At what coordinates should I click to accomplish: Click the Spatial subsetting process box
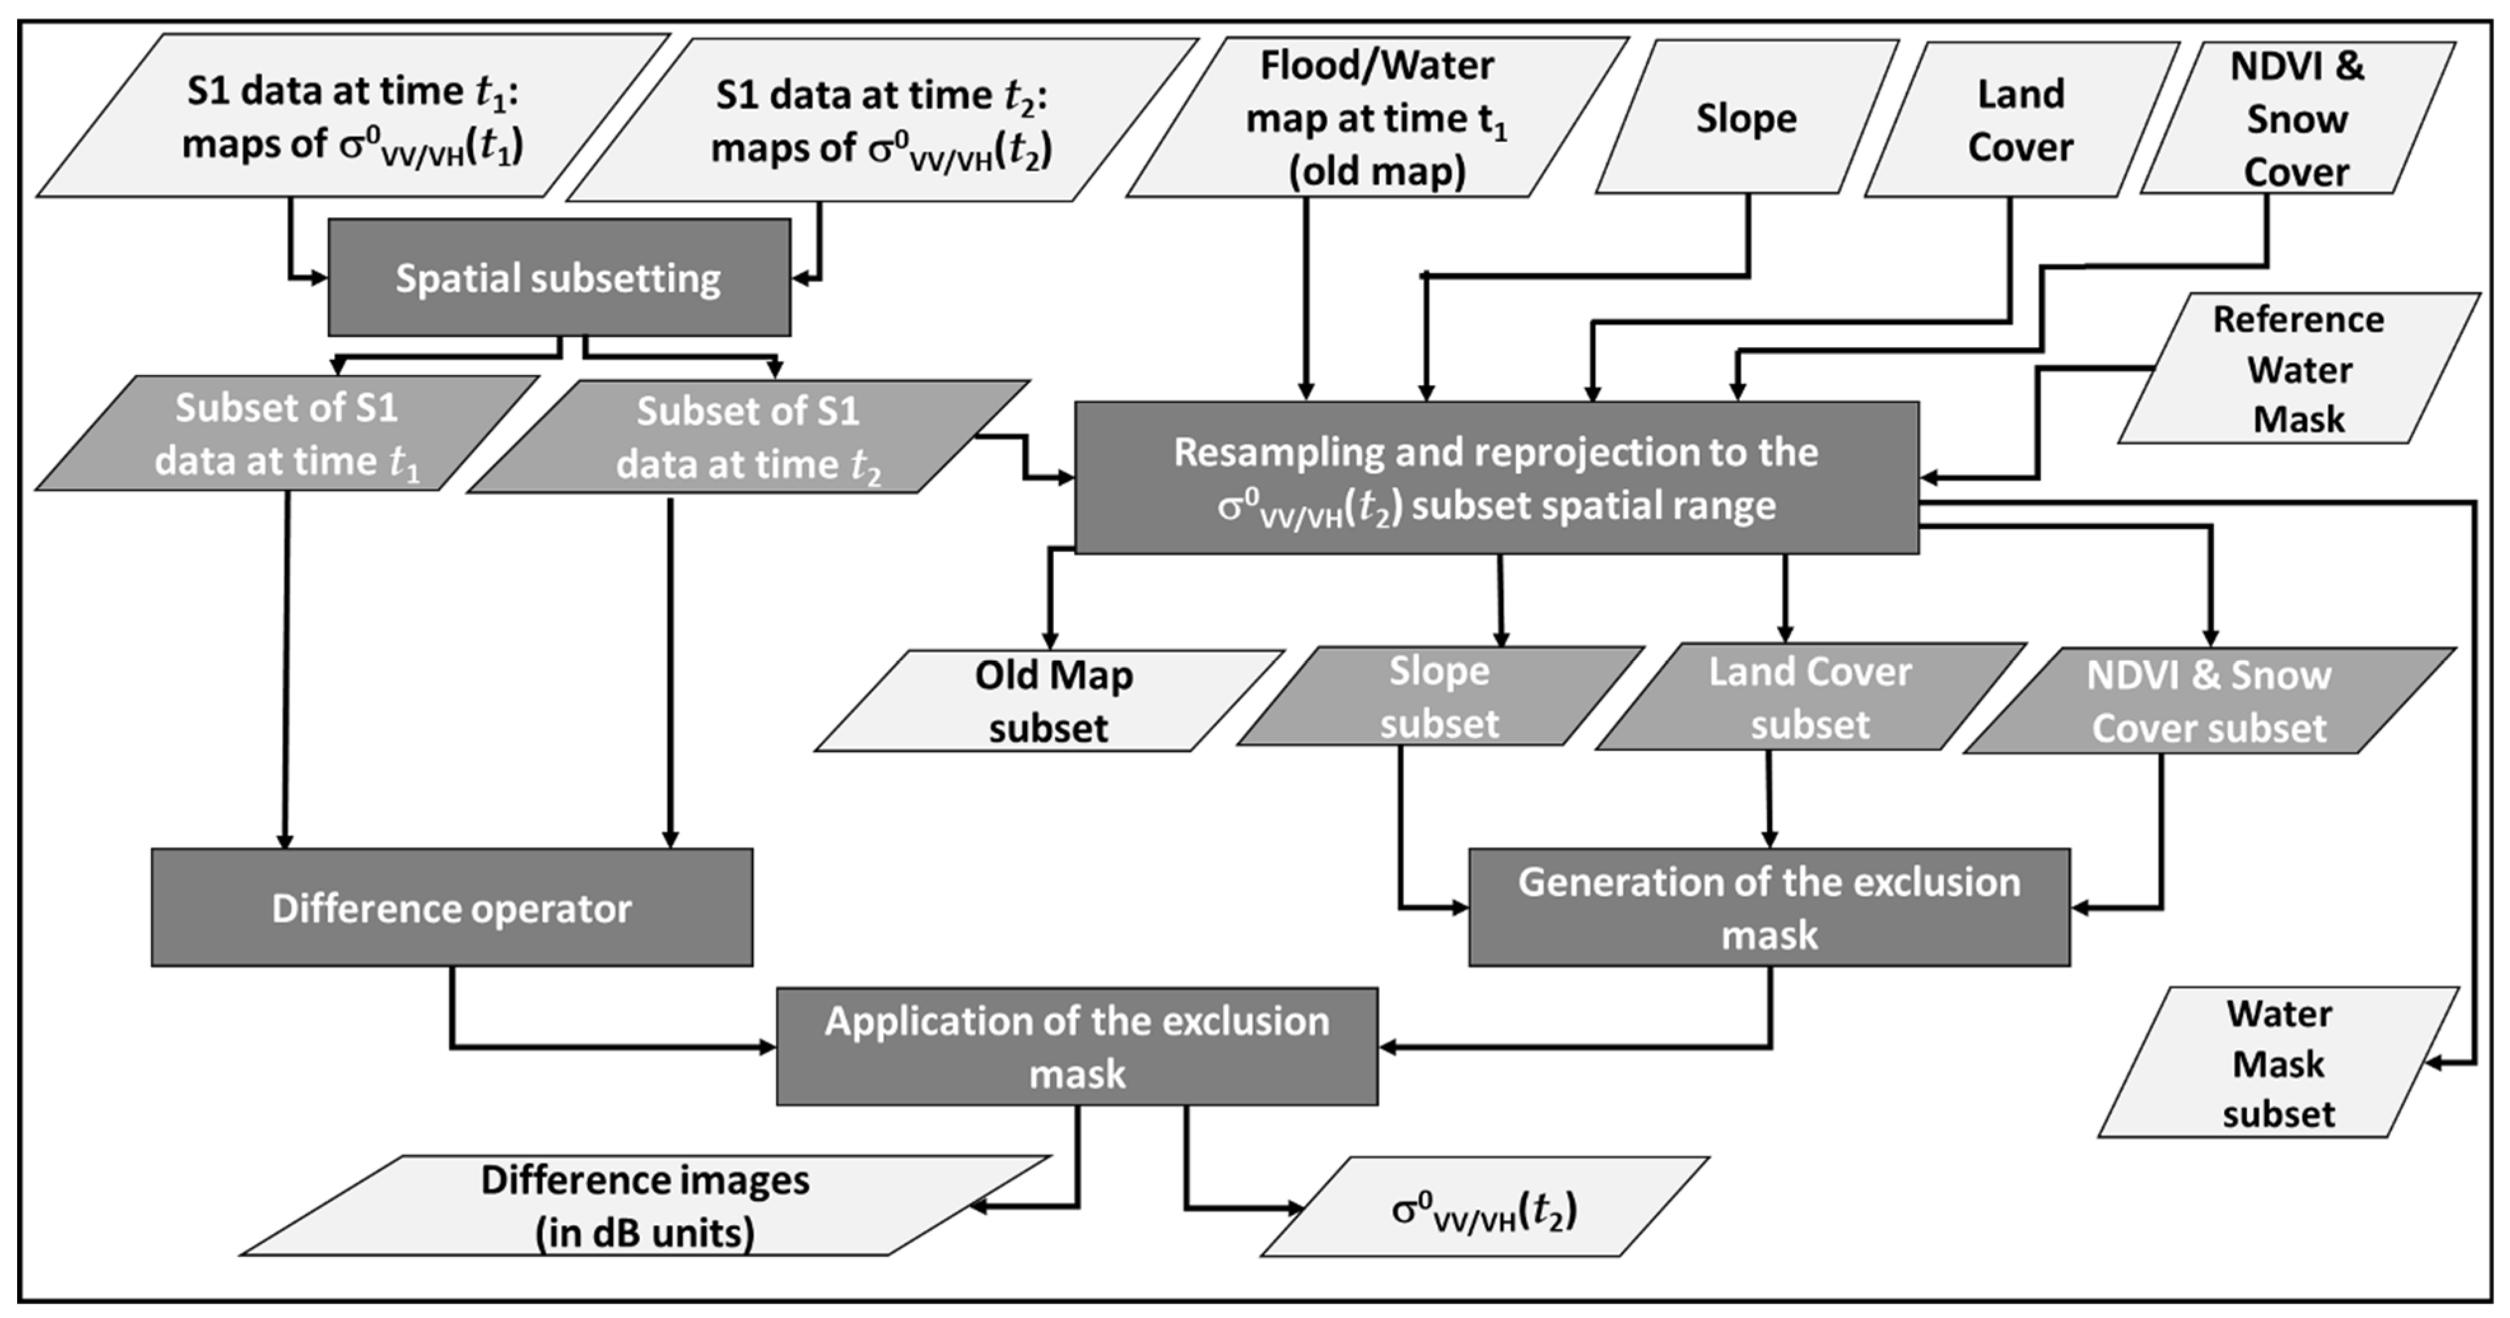(x=558, y=278)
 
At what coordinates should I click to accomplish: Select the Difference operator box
(x=451, y=908)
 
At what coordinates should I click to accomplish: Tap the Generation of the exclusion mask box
(x=1768, y=908)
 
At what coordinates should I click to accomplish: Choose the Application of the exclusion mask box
(x=1077, y=1047)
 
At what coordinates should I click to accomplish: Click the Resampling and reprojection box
(x=1496, y=478)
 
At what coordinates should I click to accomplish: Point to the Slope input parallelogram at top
(x=1746, y=118)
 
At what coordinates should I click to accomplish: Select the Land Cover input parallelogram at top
(x=2020, y=120)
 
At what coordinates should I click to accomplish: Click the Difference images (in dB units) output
(x=644, y=1206)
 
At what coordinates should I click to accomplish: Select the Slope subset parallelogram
(x=1438, y=697)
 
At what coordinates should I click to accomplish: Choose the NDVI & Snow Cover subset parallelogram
(x=2208, y=702)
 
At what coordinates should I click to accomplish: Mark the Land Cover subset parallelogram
(x=1810, y=697)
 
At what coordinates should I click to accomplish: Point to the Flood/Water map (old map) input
(x=1376, y=118)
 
